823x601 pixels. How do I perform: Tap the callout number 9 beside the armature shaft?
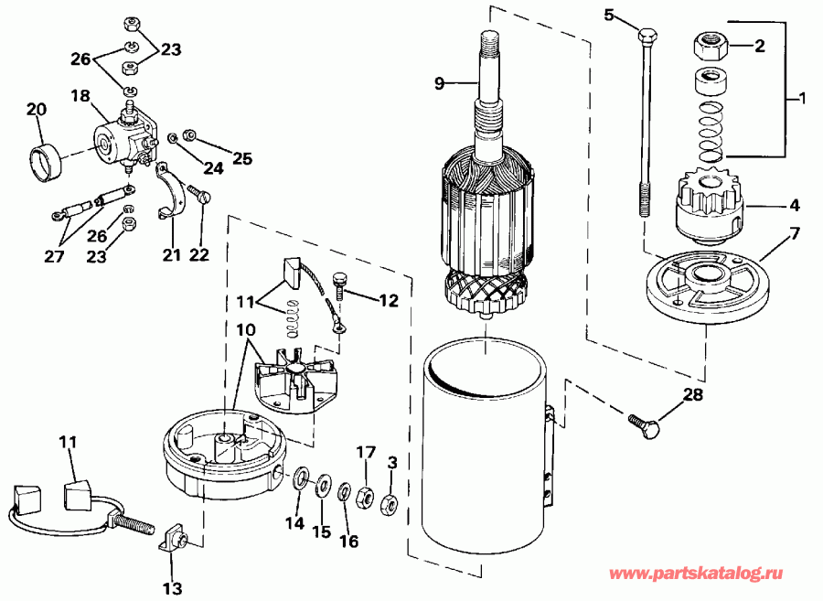tap(440, 83)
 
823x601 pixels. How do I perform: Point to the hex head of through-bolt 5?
tap(647, 36)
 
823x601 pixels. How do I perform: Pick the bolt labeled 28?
tap(644, 425)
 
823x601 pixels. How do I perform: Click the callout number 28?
tap(693, 394)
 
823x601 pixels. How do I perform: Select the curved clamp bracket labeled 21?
tap(172, 193)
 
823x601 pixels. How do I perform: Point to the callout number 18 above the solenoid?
tap(80, 96)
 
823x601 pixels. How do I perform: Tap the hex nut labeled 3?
tap(389, 504)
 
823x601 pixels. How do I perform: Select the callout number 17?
tap(366, 453)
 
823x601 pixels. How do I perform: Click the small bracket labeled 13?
tap(175, 541)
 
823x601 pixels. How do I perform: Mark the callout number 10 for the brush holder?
tap(245, 330)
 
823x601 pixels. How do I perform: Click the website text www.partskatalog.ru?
tap(696, 574)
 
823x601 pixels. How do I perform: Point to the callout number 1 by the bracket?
tap(801, 98)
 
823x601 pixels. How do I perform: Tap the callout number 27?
tap(54, 256)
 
